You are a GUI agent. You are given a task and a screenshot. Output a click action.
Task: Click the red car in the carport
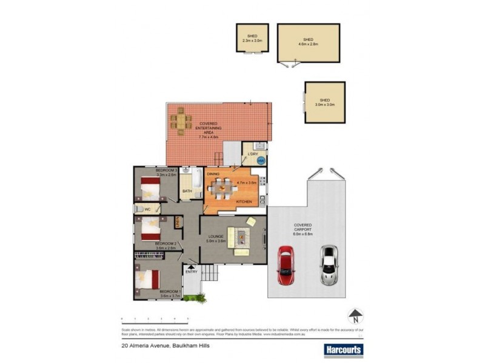click(286, 264)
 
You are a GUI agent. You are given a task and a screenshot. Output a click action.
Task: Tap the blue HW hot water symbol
click(261, 161)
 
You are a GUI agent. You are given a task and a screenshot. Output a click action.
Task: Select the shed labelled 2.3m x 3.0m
click(252, 39)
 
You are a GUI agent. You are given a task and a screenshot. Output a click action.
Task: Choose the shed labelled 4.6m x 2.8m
click(308, 42)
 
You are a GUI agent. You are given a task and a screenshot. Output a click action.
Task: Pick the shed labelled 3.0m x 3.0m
click(324, 102)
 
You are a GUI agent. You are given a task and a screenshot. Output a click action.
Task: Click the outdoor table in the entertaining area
click(181, 120)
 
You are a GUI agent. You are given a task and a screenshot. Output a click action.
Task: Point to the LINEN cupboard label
click(178, 223)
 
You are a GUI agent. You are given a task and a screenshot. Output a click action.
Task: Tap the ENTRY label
click(192, 272)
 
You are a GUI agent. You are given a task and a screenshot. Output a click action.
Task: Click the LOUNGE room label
click(216, 236)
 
